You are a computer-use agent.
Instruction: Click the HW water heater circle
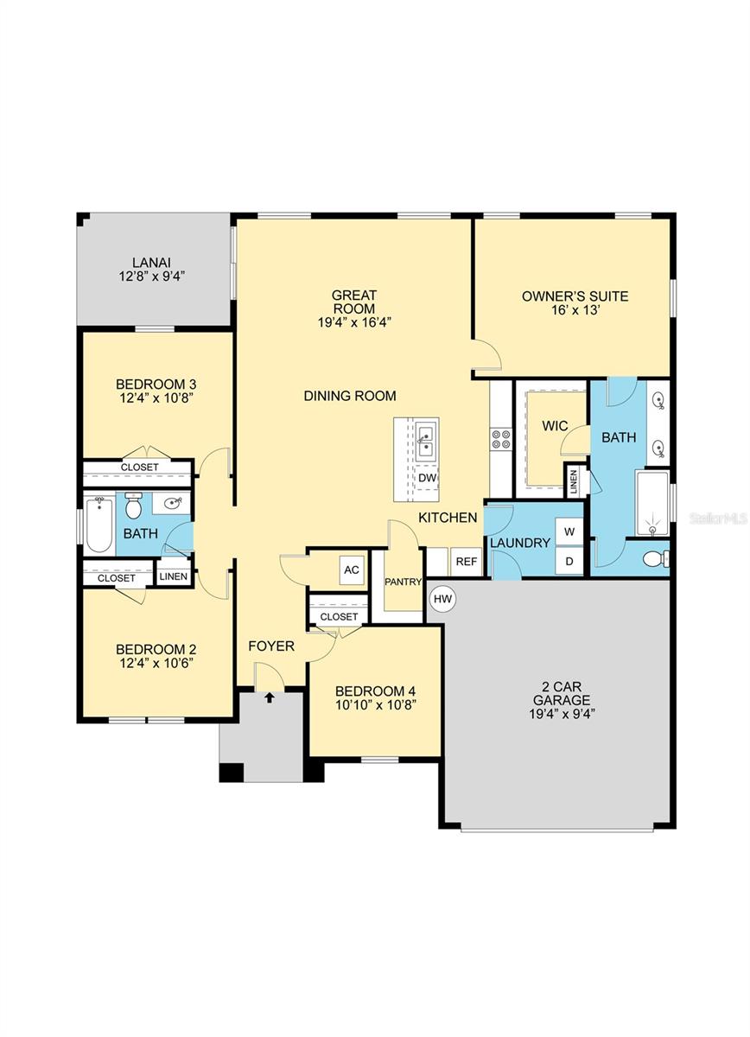click(442, 599)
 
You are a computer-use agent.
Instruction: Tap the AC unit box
click(352, 569)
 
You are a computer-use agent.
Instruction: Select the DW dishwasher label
click(428, 477)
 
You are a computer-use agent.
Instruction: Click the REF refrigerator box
click(467, 562)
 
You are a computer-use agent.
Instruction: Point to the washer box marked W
click(569, 532)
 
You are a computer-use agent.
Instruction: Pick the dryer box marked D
click(569, 561)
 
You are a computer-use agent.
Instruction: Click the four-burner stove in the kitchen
click(501, 439)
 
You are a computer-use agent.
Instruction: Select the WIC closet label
click(555, 425)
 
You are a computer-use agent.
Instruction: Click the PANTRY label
click(403, 582)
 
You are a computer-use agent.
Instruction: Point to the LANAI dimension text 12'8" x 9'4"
click(152, 277)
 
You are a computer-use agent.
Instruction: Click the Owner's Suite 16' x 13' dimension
click(575, 309)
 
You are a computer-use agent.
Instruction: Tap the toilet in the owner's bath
click(656, 558)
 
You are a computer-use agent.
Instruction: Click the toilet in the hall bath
click(133, 506)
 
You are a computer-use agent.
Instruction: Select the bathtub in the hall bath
click(99, 525)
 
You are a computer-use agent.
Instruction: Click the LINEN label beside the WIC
click(574, 482)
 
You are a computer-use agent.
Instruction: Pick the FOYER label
click(271, 646)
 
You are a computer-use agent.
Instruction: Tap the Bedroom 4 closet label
click(339, 617)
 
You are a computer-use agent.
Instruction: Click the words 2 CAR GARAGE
click(562, 693)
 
